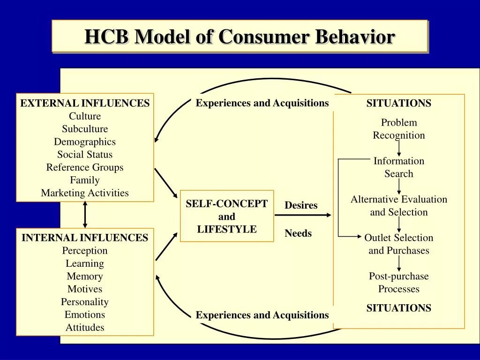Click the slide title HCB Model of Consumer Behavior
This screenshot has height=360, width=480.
240,37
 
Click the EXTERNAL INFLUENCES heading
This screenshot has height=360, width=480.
85,104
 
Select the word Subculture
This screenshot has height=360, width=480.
85,129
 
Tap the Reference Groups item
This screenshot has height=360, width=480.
85,167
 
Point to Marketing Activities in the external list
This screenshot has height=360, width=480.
85,193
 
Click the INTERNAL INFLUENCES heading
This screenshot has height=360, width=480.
85,238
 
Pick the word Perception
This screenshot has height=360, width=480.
85,251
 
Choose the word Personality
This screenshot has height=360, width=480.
85,302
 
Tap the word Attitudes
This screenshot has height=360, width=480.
85,328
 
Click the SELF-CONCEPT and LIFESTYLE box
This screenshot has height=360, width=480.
227,216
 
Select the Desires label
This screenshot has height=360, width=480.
301,205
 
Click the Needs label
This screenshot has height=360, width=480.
298,233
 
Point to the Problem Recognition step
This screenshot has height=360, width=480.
399,129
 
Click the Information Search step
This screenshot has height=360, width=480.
399,167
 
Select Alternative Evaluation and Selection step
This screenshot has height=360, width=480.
399,206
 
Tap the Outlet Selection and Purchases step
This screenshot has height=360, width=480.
399,244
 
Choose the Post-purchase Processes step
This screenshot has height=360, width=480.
399,283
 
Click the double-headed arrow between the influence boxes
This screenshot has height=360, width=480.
85,215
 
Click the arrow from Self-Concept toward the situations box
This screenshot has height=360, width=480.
302,215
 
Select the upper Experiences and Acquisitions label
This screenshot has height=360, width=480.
262,103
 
